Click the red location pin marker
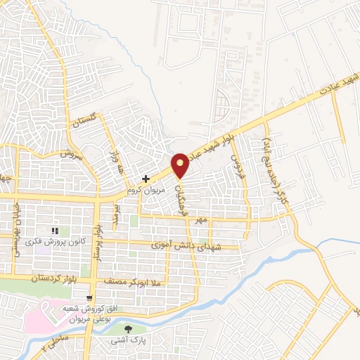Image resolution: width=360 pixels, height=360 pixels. tap(181, 165)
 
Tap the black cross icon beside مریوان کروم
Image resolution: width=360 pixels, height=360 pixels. tap(146, 179)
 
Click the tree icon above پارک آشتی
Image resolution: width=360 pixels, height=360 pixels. tap(127, 328)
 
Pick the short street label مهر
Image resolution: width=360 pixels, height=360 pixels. tap(202, 220)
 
